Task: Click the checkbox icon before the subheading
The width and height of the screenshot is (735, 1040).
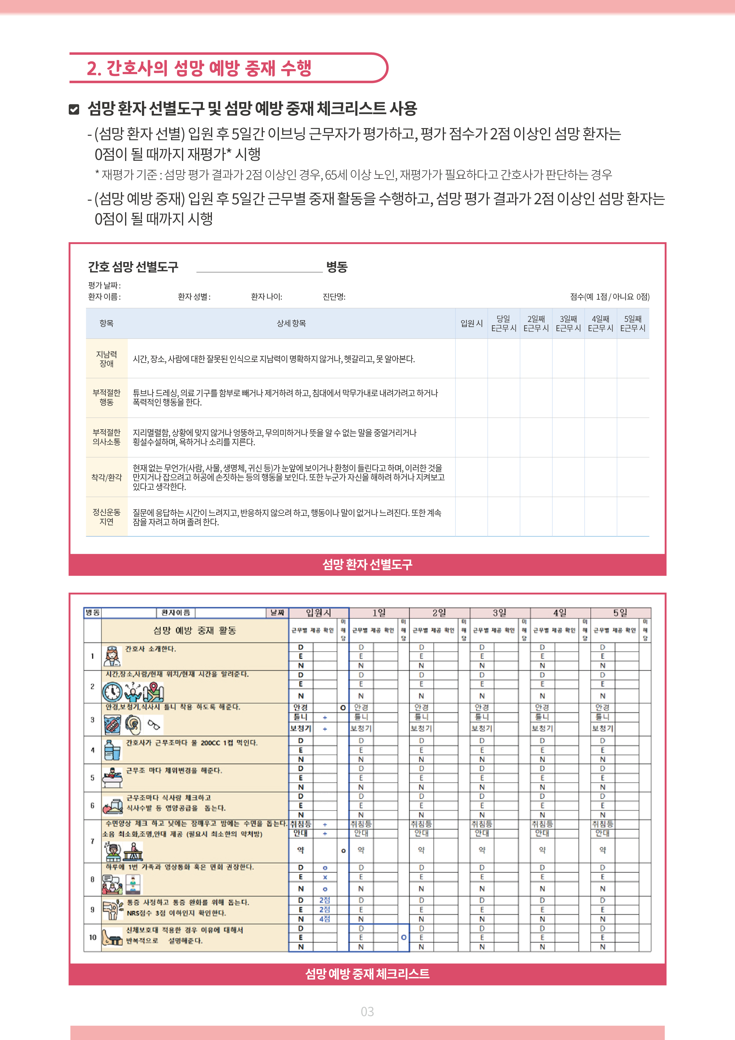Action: [74, 109]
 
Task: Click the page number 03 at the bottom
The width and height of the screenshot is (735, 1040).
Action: [367, 1012]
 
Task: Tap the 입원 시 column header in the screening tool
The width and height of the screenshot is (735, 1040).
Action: [472, 323]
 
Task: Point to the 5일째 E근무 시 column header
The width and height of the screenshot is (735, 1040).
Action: [633, 323]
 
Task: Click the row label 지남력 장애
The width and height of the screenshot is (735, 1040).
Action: [106, 359]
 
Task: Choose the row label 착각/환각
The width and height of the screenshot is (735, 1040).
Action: [106, 477]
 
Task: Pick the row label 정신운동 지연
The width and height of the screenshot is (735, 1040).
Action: [106, 517]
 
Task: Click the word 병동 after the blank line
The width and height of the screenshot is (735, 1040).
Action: [337, 267]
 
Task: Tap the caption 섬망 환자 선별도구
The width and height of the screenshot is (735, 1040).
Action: [367, 564]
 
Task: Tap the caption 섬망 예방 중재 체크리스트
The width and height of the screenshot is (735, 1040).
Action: [367, 973]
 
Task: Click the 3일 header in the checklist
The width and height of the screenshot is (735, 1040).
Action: [499, 613]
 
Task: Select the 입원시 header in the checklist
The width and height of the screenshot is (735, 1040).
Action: [318, 613]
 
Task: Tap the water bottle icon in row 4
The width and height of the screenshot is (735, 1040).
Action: [111, 750]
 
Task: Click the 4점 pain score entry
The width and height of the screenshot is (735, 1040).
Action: [325, 919]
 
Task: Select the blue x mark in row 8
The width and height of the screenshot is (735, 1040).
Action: [325, 877]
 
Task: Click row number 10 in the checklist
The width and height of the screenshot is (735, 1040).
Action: [92, 937]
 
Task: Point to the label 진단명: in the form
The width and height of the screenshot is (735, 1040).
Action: [334, 297]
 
